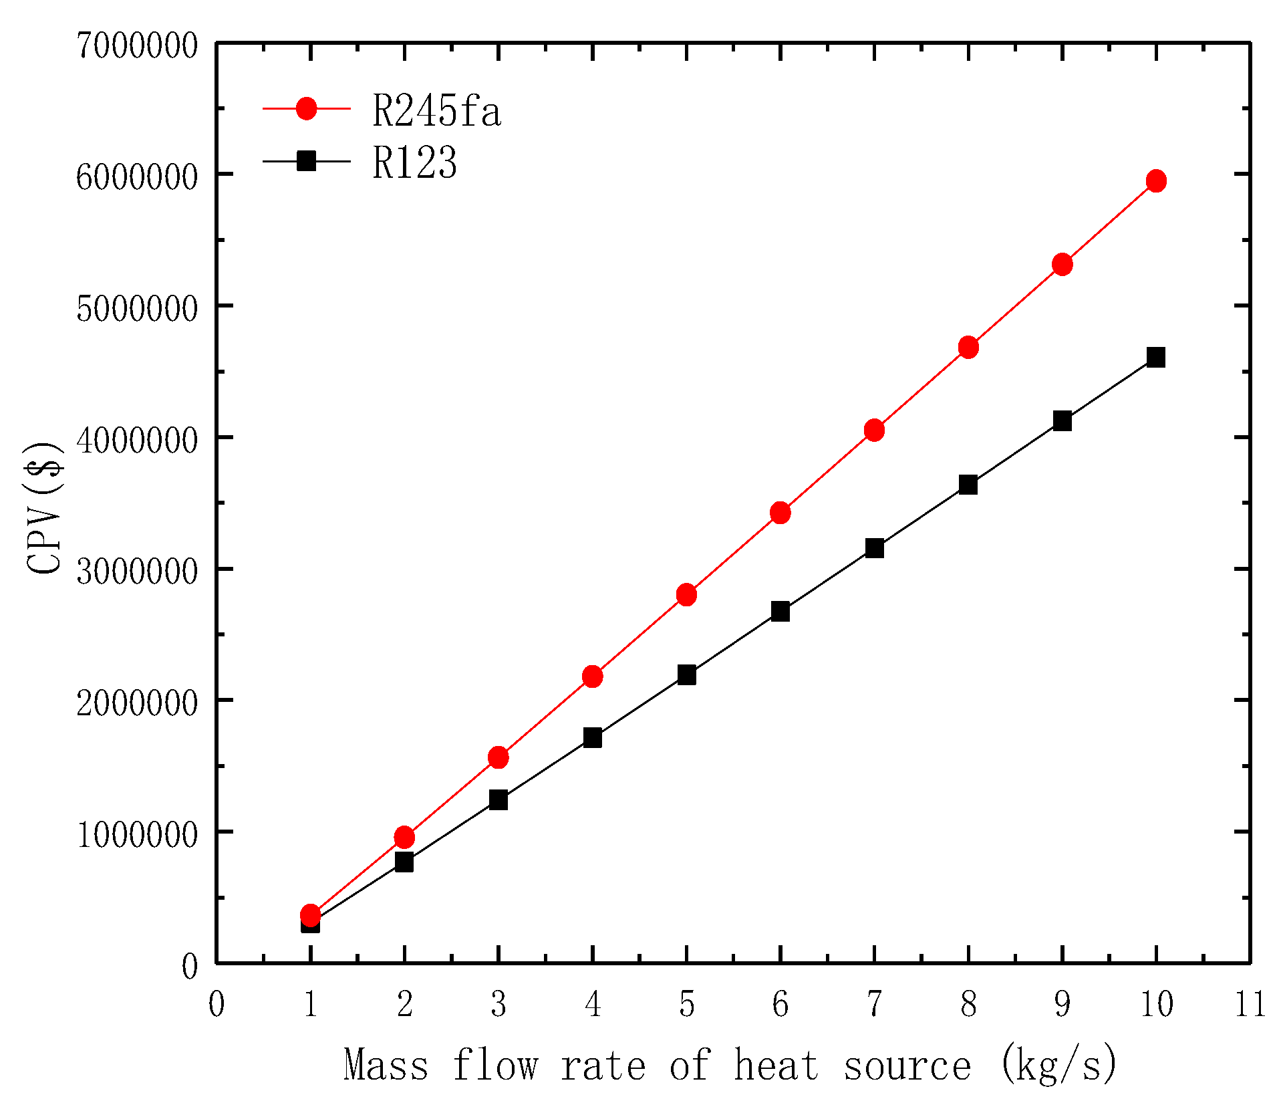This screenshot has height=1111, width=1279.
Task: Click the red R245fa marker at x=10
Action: pos(1156,180)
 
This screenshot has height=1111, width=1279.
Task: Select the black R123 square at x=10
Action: pos(1156,357)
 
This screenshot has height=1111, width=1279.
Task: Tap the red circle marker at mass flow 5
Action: pos(686,594)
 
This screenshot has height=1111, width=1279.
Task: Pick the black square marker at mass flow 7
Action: pos(874,548)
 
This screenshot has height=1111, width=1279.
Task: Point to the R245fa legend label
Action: pos(436,111)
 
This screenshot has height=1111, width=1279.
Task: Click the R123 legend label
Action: pos(414,162)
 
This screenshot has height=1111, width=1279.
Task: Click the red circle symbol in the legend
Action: pos(307,108)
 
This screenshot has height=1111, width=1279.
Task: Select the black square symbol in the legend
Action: pos(307,160)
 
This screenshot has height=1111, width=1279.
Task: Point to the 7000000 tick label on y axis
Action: pos(137,46)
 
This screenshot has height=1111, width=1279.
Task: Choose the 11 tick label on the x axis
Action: pos(1250,1004)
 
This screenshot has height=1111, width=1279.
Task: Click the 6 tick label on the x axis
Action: pos(780,1004)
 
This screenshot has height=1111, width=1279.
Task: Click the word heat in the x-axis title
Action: pos(776,1066)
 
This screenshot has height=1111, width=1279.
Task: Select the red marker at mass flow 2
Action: pos(404,837)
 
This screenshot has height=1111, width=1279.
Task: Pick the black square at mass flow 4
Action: pos(592,737)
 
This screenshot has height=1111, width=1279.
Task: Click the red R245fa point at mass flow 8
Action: pos(968,347)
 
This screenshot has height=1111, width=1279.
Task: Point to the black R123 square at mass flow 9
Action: pos(1062,420)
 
